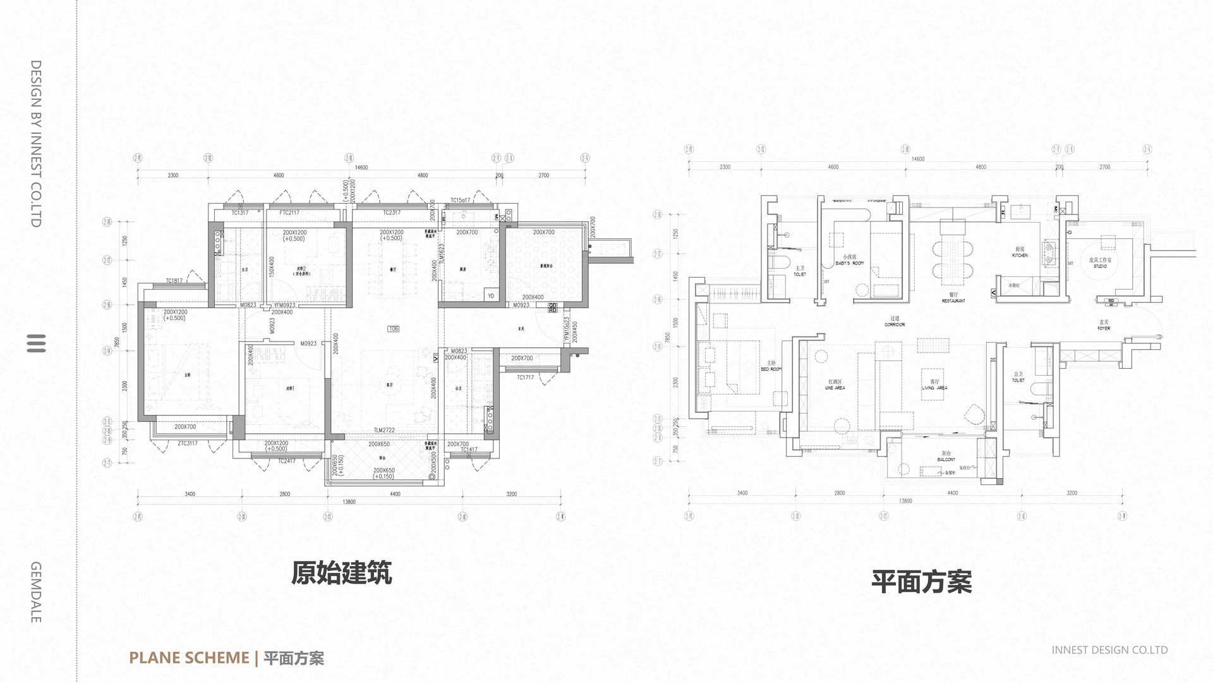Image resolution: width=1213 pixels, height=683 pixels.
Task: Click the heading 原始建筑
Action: click(341, 573)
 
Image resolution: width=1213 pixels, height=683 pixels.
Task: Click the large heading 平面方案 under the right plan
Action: click(921, 582)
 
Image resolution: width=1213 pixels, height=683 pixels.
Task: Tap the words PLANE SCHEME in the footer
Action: click(189, 658)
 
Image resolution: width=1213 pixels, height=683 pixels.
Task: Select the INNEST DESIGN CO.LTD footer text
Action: click(1109, 649)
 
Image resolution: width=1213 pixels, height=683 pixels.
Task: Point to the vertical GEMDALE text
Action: click(36, 592)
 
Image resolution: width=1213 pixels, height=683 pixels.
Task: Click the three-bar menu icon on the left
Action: click(37, 343)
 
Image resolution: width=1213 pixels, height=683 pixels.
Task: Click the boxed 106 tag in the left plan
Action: click(394, 329)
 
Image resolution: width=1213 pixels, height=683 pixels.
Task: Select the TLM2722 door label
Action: click(383, 430)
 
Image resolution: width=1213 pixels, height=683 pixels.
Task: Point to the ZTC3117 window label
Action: click(187, 443)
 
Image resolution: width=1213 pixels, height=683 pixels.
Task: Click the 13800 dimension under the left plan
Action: click(349, 502)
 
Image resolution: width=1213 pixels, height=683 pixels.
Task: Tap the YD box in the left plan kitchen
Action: click(491, 296)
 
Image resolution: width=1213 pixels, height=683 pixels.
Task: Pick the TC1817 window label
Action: click(174, 281)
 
